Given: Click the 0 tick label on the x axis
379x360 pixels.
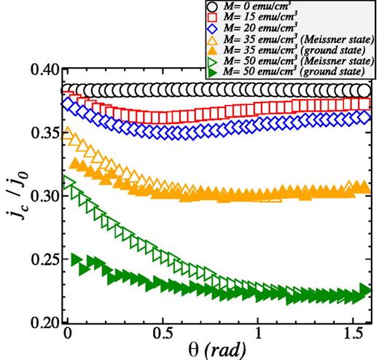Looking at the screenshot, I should (67, 337).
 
